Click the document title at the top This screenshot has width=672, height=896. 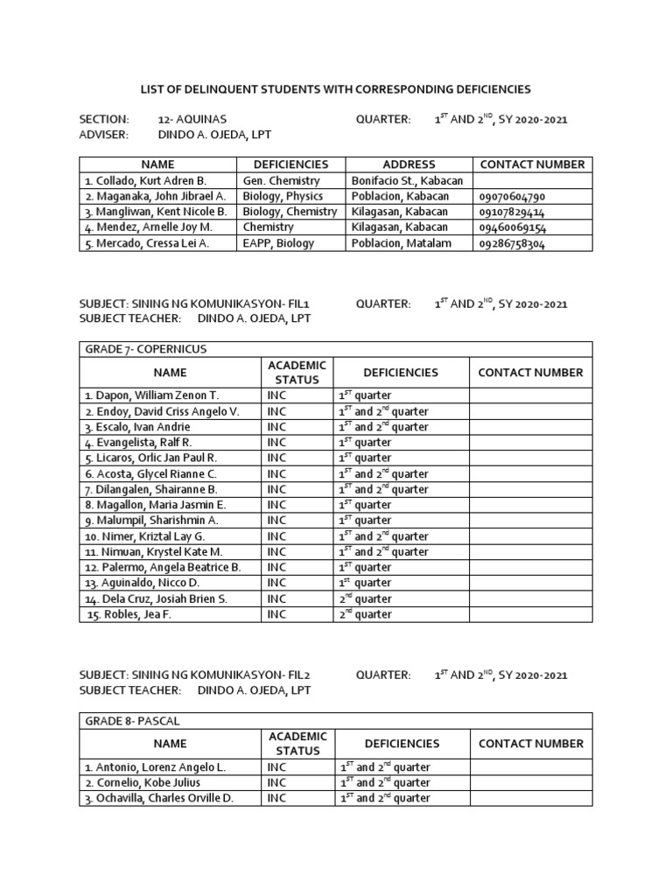[x=336, y=89]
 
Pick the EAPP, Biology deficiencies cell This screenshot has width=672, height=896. [x=278, y=244]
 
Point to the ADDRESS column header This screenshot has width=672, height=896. [x=409, y=164]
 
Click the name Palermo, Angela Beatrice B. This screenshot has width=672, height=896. [x=162, y=567]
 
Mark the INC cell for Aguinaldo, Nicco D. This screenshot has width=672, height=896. [x=277, y=583]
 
